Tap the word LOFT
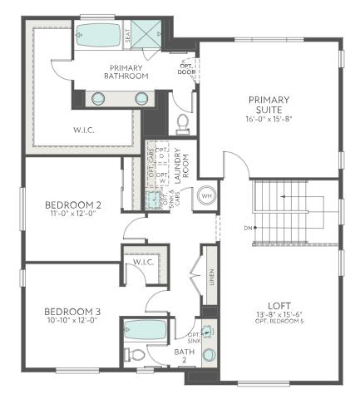(279, 304)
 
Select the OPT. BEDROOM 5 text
(279, 322)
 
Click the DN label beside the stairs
(248, 227)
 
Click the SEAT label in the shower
(128, 36)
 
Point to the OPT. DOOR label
(186, 68)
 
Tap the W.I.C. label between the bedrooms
(141, 261)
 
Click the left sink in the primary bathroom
(98, 97)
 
